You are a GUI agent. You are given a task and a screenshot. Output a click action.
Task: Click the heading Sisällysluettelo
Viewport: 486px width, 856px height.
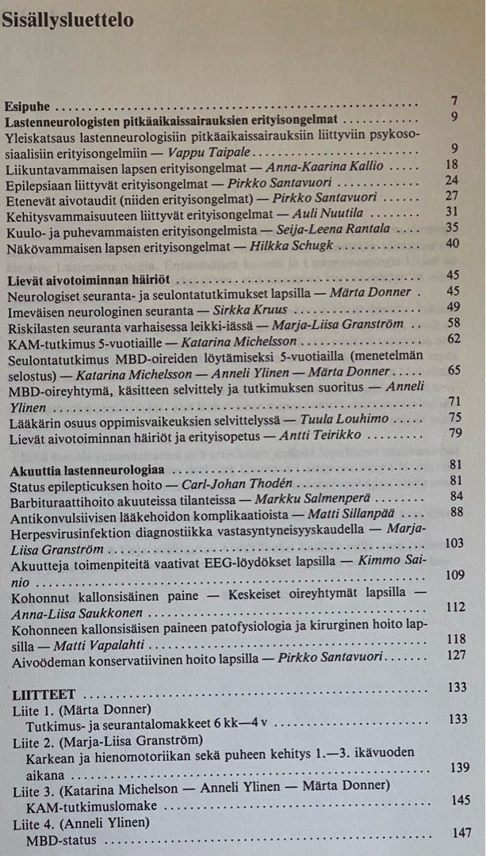tap(67, 20)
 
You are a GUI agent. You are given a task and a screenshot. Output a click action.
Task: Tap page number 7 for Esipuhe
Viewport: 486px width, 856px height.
tap(453, 101)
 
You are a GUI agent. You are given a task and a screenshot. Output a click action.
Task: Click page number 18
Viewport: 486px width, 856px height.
tap(452, 164)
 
